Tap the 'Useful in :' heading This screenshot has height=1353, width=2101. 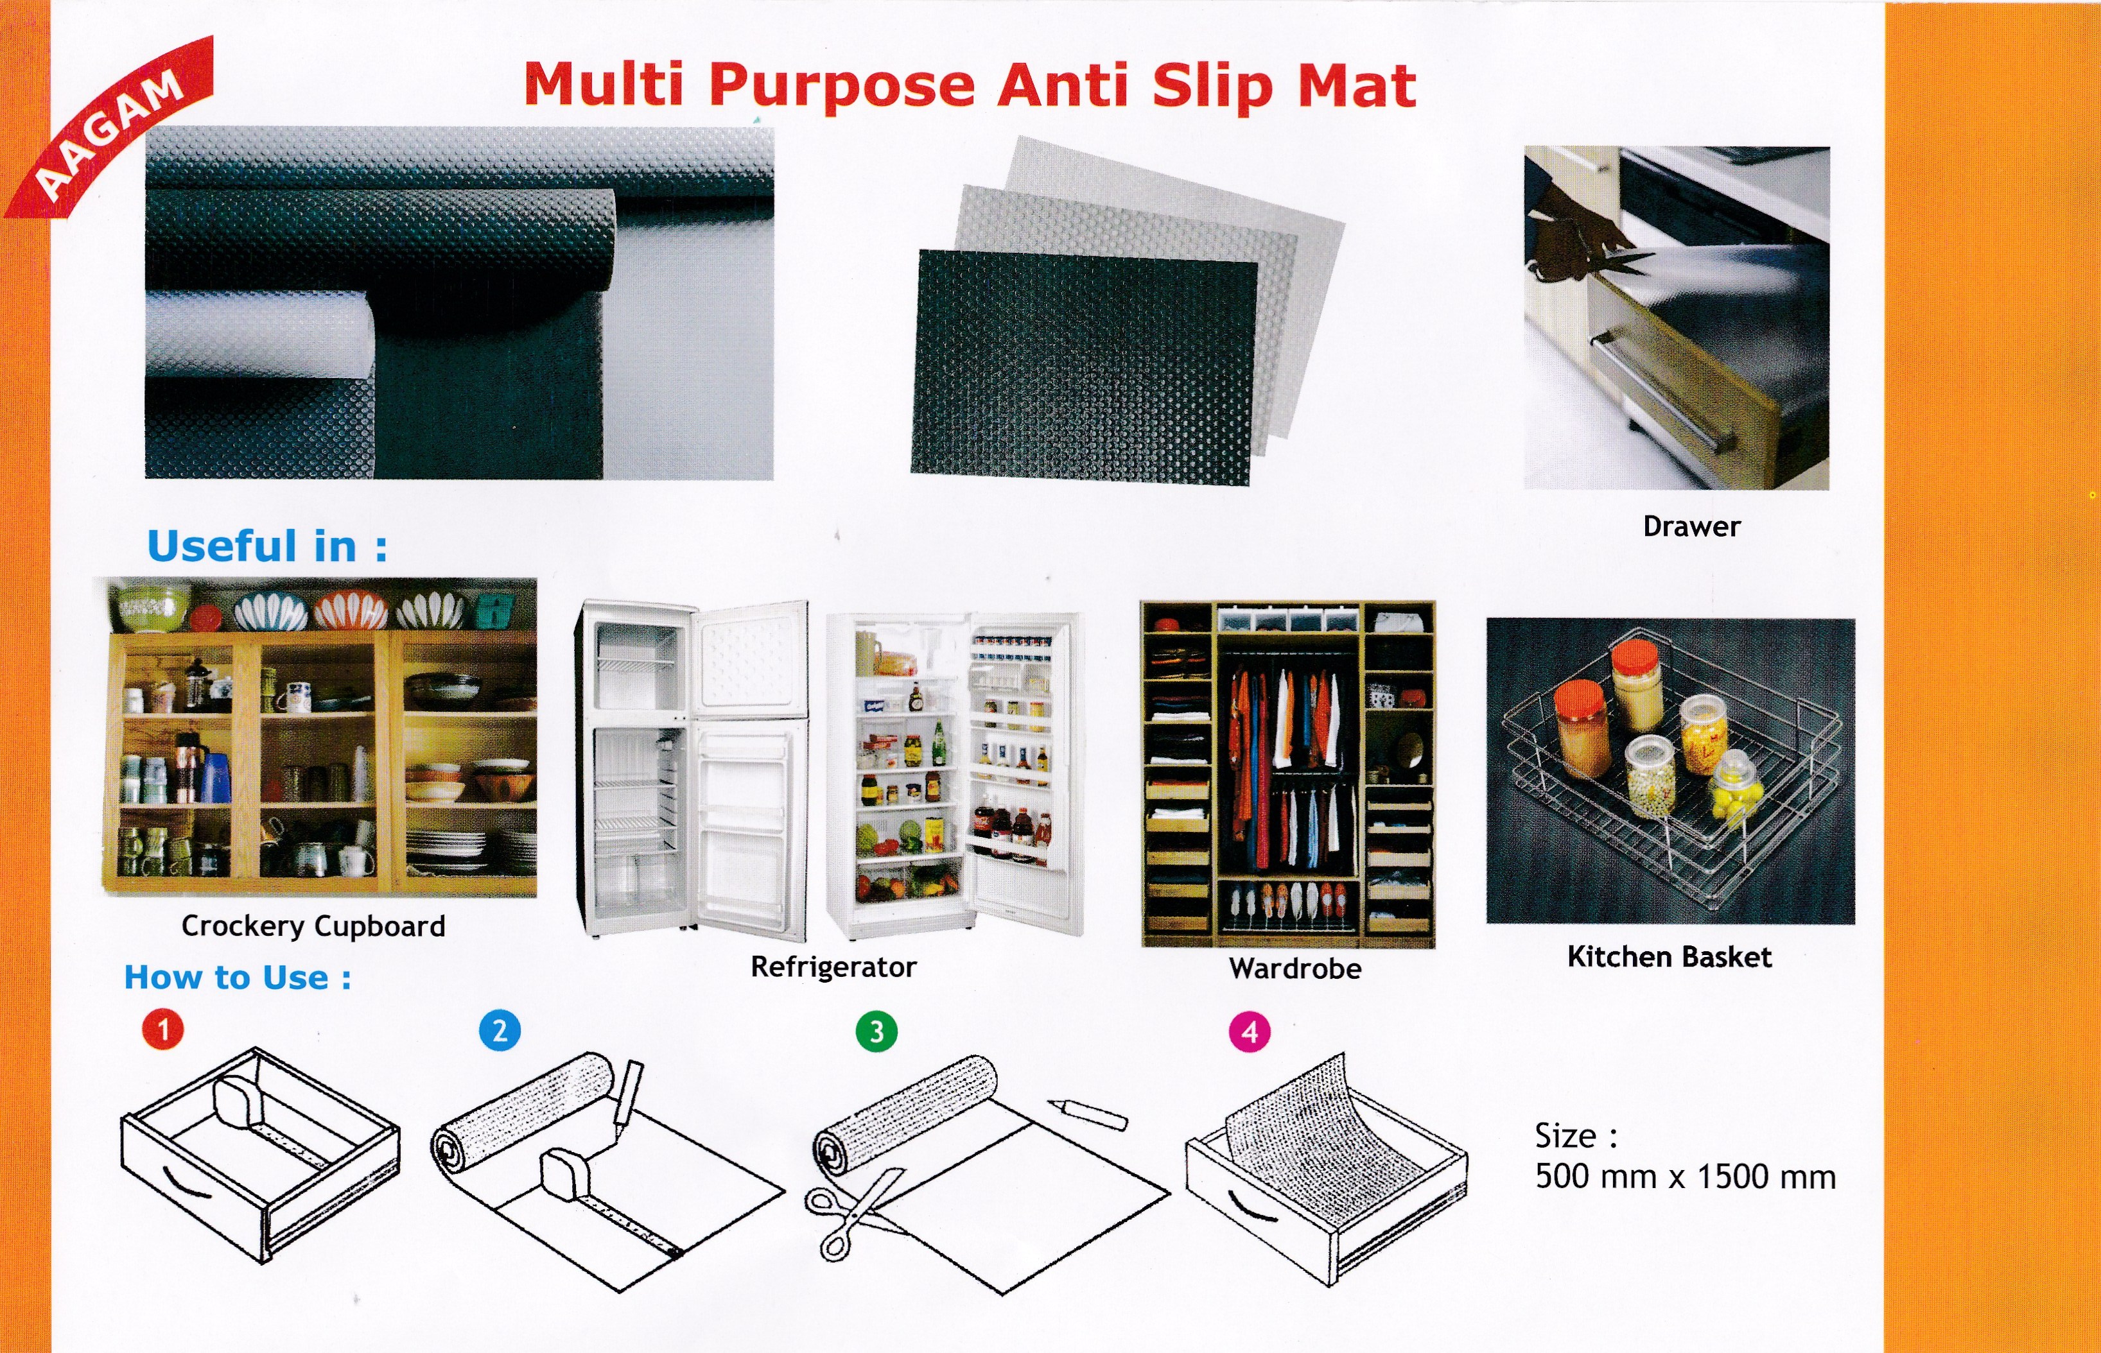click(x=267, y=546)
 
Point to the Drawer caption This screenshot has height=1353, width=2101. click(x=1691, y=527)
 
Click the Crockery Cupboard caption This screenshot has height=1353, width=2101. click(x=313, y=926)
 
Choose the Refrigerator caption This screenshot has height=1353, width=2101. click(x=833, y=967)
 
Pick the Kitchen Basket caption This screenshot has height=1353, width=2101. click(x=1669, y=957)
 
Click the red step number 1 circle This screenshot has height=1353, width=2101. click(x=164, y=1029)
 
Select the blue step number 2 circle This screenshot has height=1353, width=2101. click(x=500, y=1031)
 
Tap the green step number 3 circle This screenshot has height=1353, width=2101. click(x=876, y=1031)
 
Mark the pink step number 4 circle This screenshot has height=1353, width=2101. click(x=1250, y=1032)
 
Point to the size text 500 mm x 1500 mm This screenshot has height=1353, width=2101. click(x=1686, y=1177)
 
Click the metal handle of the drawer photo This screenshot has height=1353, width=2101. click(x=1661, y=395)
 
